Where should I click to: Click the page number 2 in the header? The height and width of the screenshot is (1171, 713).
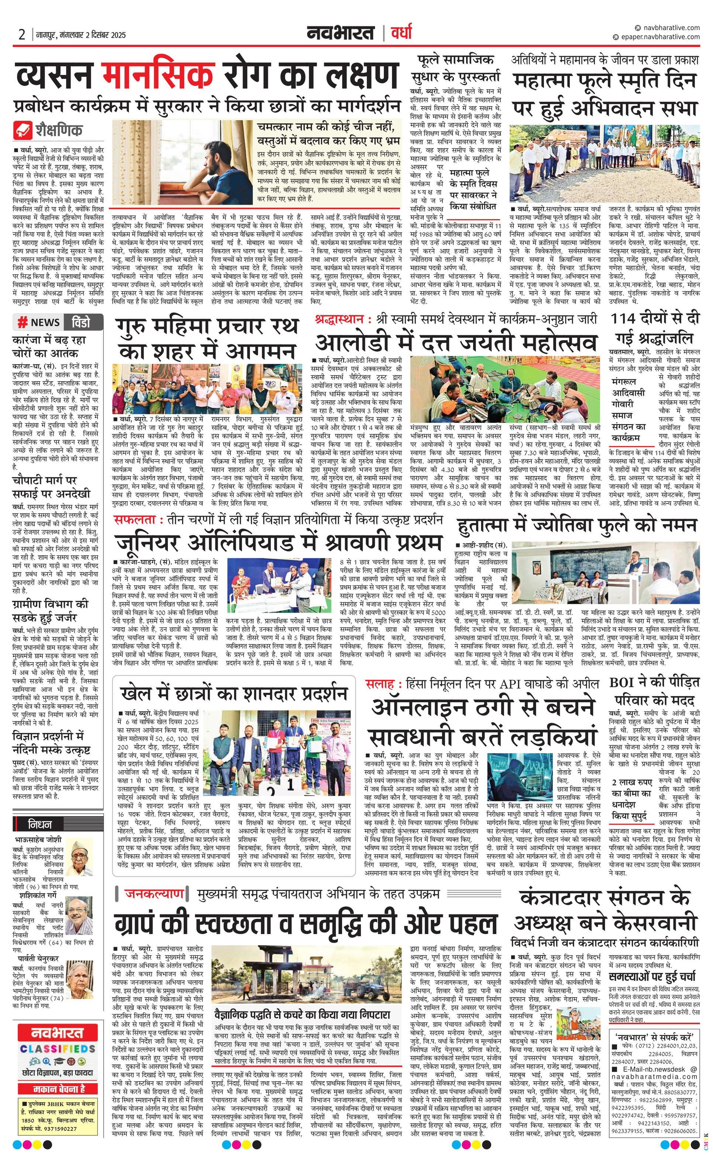pos(22,35)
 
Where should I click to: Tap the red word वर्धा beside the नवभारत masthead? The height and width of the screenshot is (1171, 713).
pos(401,33)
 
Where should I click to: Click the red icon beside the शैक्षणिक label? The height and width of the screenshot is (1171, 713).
pos(23,130)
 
